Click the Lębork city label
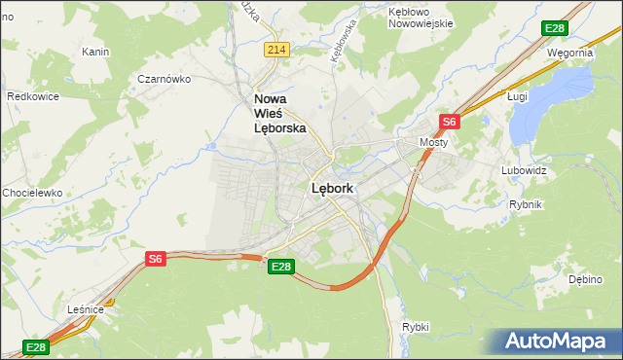pos(332,189)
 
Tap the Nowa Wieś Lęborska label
pos(279,113)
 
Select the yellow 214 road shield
pos(277,50)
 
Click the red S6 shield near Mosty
pos(449,122)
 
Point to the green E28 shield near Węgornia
pos(555,28)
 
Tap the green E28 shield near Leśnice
pos(36,347)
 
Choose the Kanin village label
pos(95,52)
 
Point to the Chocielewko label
pos(32,193)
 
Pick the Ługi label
pos(518,96)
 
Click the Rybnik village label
pos(526,204)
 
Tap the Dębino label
pos(586,279)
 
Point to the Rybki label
pos(415,327)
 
